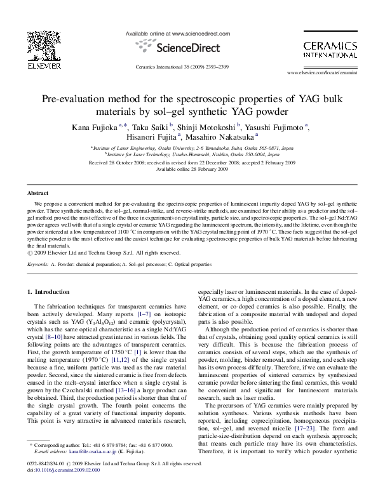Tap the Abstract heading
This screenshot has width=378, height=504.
click(x=37, y=192)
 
